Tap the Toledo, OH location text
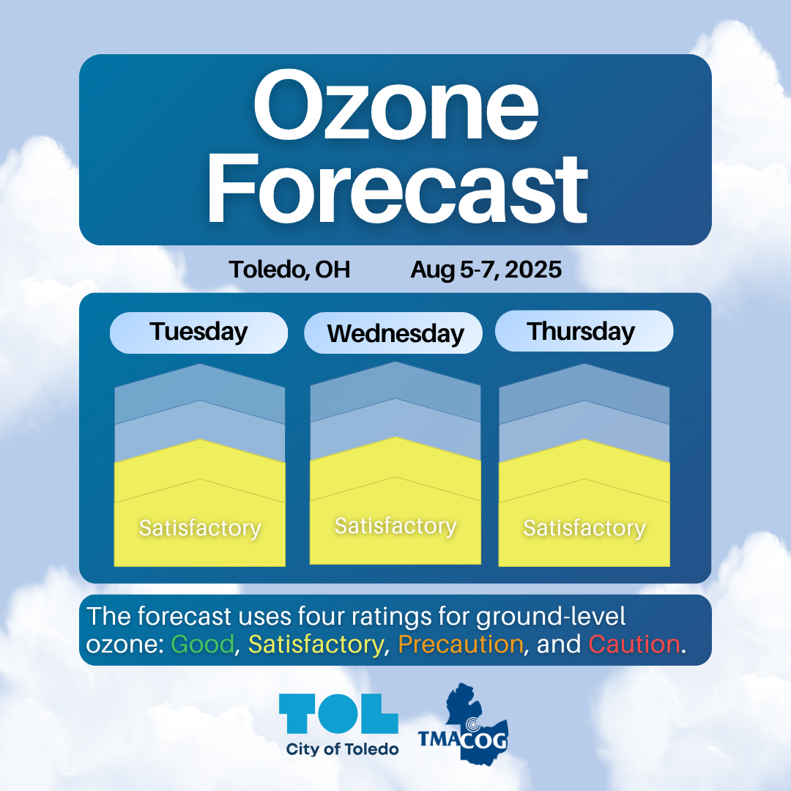(289, 270)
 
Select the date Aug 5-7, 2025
(486, 270)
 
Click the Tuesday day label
(198, 333)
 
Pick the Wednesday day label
(395, 334)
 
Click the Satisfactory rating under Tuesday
(200, 528)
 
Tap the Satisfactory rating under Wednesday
(395, 526)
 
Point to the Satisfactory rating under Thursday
(584, 528)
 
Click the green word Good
(203, 645)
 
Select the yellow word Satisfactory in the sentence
(316, 645)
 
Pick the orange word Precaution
(461, 645)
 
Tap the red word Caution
(634, 645)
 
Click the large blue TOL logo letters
(338, 713)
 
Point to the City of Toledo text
(342, 750)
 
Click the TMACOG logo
(464, 724)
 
